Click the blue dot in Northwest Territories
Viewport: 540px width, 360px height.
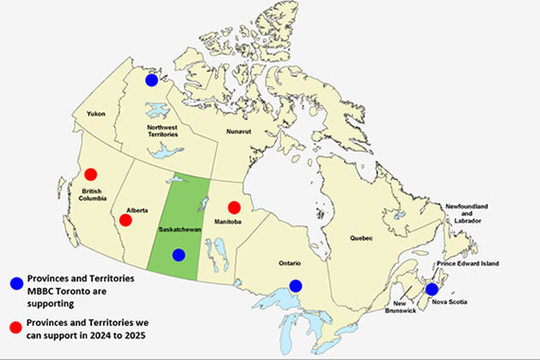(152, 81)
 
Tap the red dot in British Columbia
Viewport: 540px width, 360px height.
(91, 174)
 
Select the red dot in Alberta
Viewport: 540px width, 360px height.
(125, 220)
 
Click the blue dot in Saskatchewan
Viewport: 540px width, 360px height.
(178, 254)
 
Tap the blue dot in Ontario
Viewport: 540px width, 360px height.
(296, 285)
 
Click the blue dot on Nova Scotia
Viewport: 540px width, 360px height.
(432, 289)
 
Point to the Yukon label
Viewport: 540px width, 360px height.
(96, 114)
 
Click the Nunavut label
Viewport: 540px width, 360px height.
(241, 133)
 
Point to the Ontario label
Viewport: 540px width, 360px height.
(290, 261)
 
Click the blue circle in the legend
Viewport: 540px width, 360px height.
(15, 282)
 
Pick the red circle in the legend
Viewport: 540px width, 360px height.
(15, 327)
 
